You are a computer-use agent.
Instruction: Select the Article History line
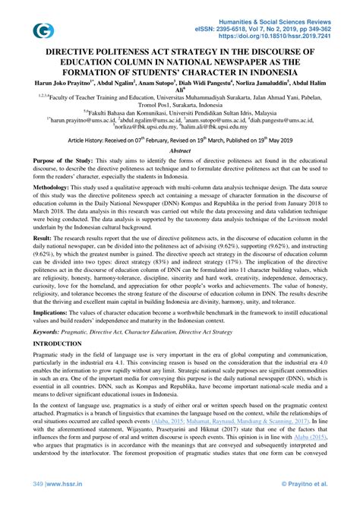[x=179, y=141]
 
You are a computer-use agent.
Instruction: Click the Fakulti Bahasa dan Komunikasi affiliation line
[x=179, y=110]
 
